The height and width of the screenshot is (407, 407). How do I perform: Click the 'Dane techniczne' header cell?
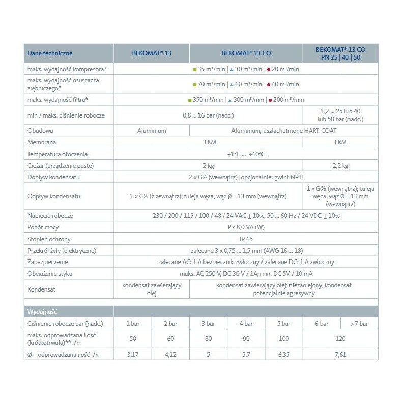50,53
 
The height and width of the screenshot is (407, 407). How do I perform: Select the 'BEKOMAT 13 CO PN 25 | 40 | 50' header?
340,53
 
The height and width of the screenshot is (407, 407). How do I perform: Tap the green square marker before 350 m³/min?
190,100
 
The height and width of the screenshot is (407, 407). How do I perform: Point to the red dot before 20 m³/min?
268,69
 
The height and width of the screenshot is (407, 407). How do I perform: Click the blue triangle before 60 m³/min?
231,84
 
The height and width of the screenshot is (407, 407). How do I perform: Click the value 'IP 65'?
246,238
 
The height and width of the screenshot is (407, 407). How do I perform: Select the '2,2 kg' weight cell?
340,166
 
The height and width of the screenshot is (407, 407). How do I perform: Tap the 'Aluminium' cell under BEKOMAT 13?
152,131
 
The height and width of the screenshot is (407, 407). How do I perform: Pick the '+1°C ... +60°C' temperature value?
246,154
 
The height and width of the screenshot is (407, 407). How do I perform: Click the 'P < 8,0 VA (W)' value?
246,227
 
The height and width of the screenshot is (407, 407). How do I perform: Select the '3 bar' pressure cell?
208,324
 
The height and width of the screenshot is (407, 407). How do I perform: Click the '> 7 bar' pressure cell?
359,324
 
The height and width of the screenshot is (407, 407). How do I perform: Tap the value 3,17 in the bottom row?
133,354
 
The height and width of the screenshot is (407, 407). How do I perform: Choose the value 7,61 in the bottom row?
340,354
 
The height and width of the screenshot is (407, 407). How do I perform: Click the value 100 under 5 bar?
284,339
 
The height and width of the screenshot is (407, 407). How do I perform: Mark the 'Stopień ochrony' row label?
48,238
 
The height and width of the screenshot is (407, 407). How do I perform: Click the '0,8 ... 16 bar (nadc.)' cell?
208,115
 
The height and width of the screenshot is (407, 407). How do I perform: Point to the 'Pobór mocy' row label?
43,227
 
